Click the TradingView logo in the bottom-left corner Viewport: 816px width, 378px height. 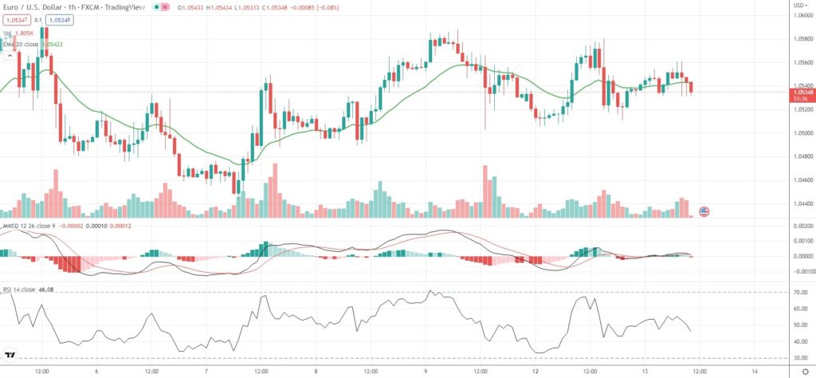click(x=10, y=356)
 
